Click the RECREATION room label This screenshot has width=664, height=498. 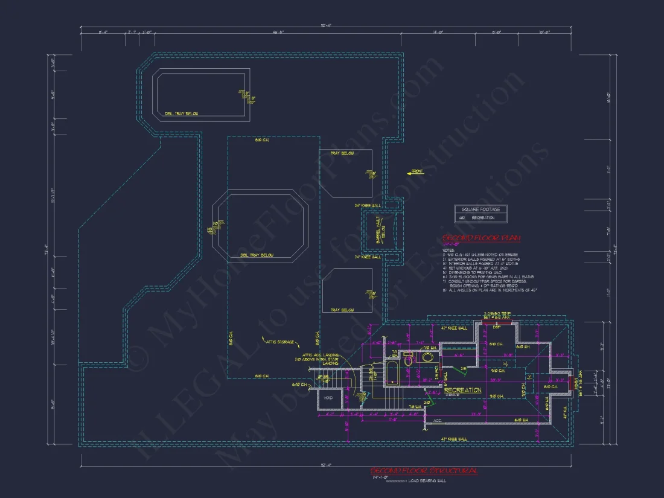(x=463, y=391)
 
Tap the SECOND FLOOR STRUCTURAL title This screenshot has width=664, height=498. (x=424, y=470)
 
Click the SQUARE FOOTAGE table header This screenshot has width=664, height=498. (x=480, y=209)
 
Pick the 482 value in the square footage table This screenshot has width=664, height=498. (x=462, y=217)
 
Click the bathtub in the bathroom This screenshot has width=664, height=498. (x=391, y=374)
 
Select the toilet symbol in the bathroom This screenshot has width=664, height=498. (x=408, y=361)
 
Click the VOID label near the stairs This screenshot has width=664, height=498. (x=329, y=398)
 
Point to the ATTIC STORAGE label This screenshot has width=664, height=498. (x=279, y=342)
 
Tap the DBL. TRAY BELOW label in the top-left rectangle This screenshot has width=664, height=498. (x=181, y=113)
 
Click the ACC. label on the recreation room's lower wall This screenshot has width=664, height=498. (x=437, y=420)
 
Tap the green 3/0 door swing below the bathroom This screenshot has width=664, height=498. (x=428, y=403)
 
